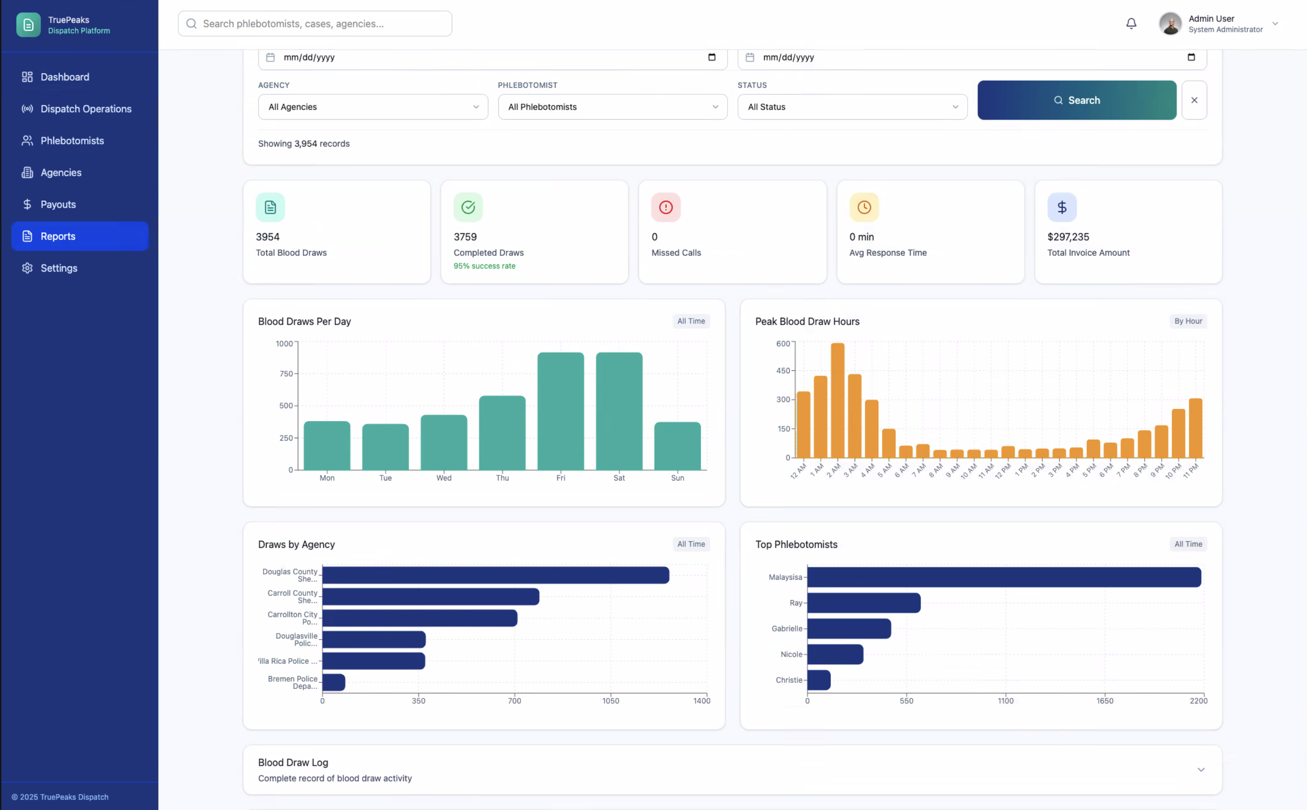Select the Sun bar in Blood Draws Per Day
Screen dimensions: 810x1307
(x=677, y=446)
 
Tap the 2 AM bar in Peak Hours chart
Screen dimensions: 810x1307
(x=838, y=400)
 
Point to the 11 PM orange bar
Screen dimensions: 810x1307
(x=1195, y=428)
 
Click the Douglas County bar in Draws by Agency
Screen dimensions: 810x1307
(x=495, y=575)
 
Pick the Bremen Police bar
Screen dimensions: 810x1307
(x=334, y=682)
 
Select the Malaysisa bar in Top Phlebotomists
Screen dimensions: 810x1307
(x=1003, y=577)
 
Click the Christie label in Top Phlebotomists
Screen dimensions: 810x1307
(x=788, y=680)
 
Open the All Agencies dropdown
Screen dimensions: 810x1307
(x=373, y=107)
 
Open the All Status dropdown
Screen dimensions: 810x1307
(x=851, y=107)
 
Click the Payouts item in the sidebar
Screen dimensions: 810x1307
(x=58, y=204)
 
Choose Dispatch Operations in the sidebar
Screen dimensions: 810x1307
(x=86, y=109)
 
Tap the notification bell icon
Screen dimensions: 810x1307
(x=1131, y=24)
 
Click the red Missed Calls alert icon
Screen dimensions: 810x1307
(x=665, y=207)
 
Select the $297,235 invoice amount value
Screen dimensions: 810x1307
(x=1068, y=237)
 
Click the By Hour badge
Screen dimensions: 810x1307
(x=1187, y=321)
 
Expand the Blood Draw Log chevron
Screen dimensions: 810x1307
(x=1200, y=769)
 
